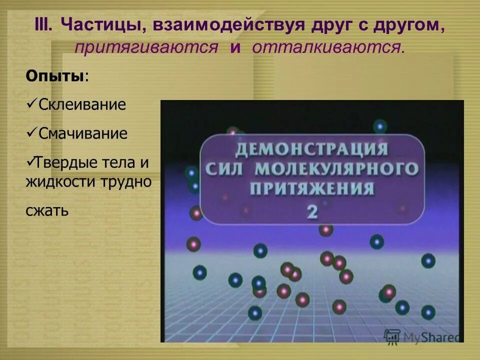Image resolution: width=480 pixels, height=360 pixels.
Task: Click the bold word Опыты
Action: pos(54,76)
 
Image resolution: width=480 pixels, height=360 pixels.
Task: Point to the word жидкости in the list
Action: pos(57,182)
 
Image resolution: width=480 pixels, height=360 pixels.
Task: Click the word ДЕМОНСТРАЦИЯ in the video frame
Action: pos(311,149)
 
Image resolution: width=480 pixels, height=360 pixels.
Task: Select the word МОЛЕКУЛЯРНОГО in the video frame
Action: pos(336,169)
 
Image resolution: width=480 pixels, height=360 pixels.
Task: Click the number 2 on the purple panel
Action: pos(312,211)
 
